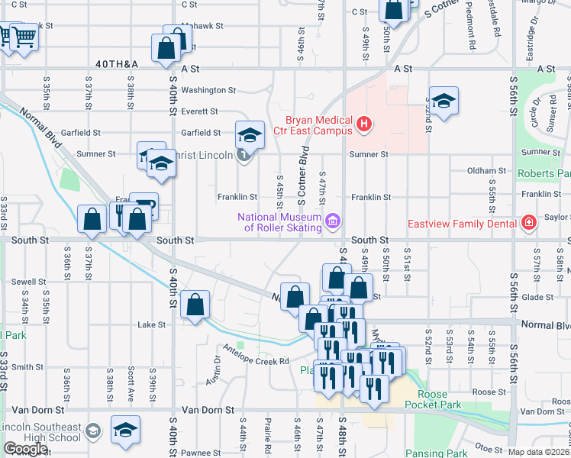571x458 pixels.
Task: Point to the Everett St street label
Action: [x=201, y=111]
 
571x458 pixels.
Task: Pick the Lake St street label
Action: [x=151, y=324]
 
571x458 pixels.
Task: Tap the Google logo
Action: [x=25, y=449]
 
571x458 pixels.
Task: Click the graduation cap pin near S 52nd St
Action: [x=443, y=101]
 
